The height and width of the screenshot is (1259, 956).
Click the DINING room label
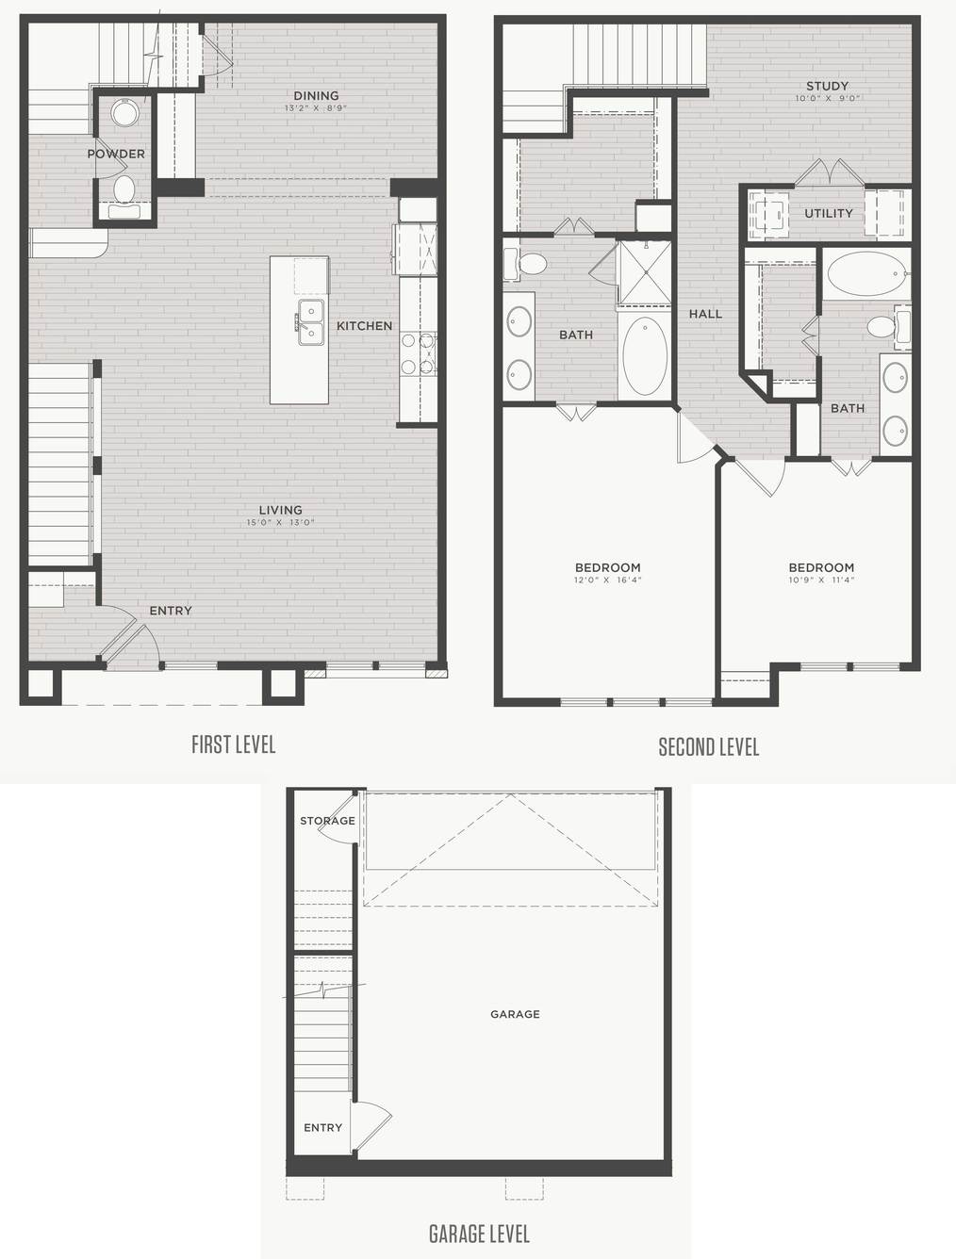pos(316,96)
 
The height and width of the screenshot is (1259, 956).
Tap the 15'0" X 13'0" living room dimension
pos(281,522)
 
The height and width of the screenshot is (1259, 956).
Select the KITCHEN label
pos(364,326)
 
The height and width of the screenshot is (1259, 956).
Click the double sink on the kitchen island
pos(310,322)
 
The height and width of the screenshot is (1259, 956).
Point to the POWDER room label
pos(116,154)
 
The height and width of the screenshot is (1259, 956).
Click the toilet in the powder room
pos(124,189)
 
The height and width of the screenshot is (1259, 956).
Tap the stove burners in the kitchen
pos(419,353)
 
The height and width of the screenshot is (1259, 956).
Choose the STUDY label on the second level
pos(827,86)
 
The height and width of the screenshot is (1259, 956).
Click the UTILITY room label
pos(828,213)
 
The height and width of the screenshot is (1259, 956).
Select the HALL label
pos(705,314)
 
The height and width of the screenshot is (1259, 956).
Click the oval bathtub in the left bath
pos(645,356)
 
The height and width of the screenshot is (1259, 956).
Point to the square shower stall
pos(645,273)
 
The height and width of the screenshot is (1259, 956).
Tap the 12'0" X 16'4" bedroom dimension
pos(608,580)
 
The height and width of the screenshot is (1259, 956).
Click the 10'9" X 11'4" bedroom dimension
pos(821,580)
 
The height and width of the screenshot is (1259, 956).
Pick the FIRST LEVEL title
pos(234,744)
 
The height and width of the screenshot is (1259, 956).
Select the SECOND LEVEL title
pos(709,746)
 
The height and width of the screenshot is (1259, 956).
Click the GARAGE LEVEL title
pos(479,1229)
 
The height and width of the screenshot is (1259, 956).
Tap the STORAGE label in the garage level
pos(327,821)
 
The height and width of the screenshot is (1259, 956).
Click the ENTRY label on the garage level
pos(323,1128)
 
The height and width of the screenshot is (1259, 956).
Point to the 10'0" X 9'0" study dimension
pos(828,99)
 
